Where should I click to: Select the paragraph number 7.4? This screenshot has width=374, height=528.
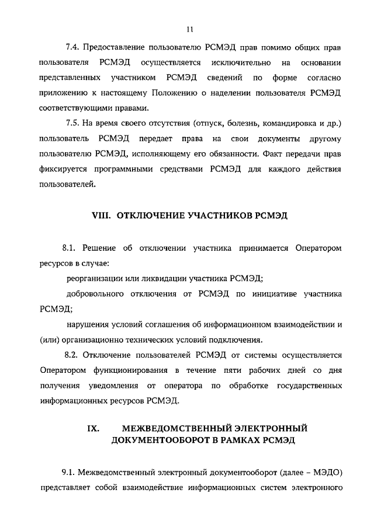click(x=73, y=46)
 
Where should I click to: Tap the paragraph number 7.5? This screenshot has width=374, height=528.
click(x=73, y=124)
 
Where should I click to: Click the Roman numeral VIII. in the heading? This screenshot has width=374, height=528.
click(x=102, y=215)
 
